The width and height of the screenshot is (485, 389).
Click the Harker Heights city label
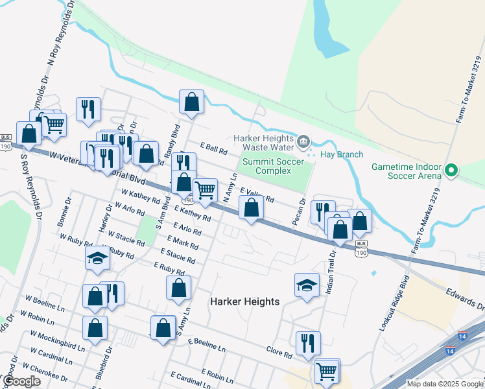click(x=245, y=301)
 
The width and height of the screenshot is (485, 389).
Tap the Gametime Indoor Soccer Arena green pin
click(x=453, y=171)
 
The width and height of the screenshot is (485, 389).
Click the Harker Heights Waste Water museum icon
click(x=303, y=141)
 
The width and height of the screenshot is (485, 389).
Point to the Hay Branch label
click(x=342, y=154)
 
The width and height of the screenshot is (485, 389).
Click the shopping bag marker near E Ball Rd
click(x=191, y=102)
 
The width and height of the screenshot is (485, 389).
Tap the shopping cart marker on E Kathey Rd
click(x=205, y=190)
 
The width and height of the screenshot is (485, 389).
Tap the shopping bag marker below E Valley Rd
click(x=251, y=208)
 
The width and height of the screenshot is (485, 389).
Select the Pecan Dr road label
click(x=299, y=213)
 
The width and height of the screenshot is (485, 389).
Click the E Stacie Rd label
click(x=177, y=255)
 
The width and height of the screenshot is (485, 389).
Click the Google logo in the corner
click(x=21, y=381)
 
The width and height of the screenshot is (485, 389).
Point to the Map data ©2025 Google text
click(x=445, y=384)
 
